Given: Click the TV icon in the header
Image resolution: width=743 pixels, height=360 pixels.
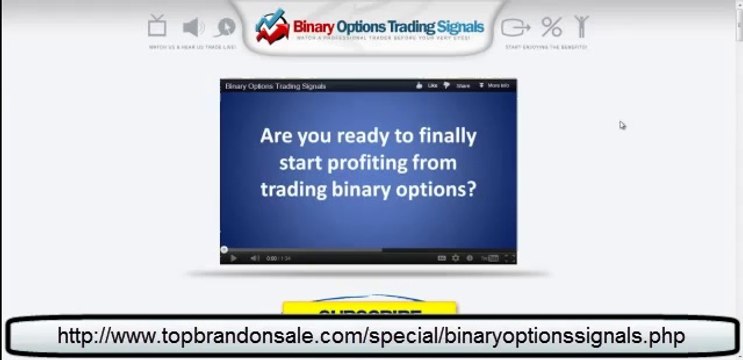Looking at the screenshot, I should point(157,25).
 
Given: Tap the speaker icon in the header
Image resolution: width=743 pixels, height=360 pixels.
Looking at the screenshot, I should point(193,27).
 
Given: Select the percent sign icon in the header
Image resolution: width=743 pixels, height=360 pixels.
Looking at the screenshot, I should point(551,26).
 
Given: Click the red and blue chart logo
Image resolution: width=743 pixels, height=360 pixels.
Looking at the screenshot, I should point(271,28).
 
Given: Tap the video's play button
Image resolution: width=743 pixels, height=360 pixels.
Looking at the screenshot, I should point(234,258).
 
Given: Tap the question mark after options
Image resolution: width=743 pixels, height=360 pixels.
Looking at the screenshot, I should point(470,187).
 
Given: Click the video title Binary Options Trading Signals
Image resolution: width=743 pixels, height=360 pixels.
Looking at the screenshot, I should point(276,86).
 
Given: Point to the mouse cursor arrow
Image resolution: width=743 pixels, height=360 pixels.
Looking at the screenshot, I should point(622,125).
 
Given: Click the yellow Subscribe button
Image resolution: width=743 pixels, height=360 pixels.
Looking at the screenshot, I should point(369,310).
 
